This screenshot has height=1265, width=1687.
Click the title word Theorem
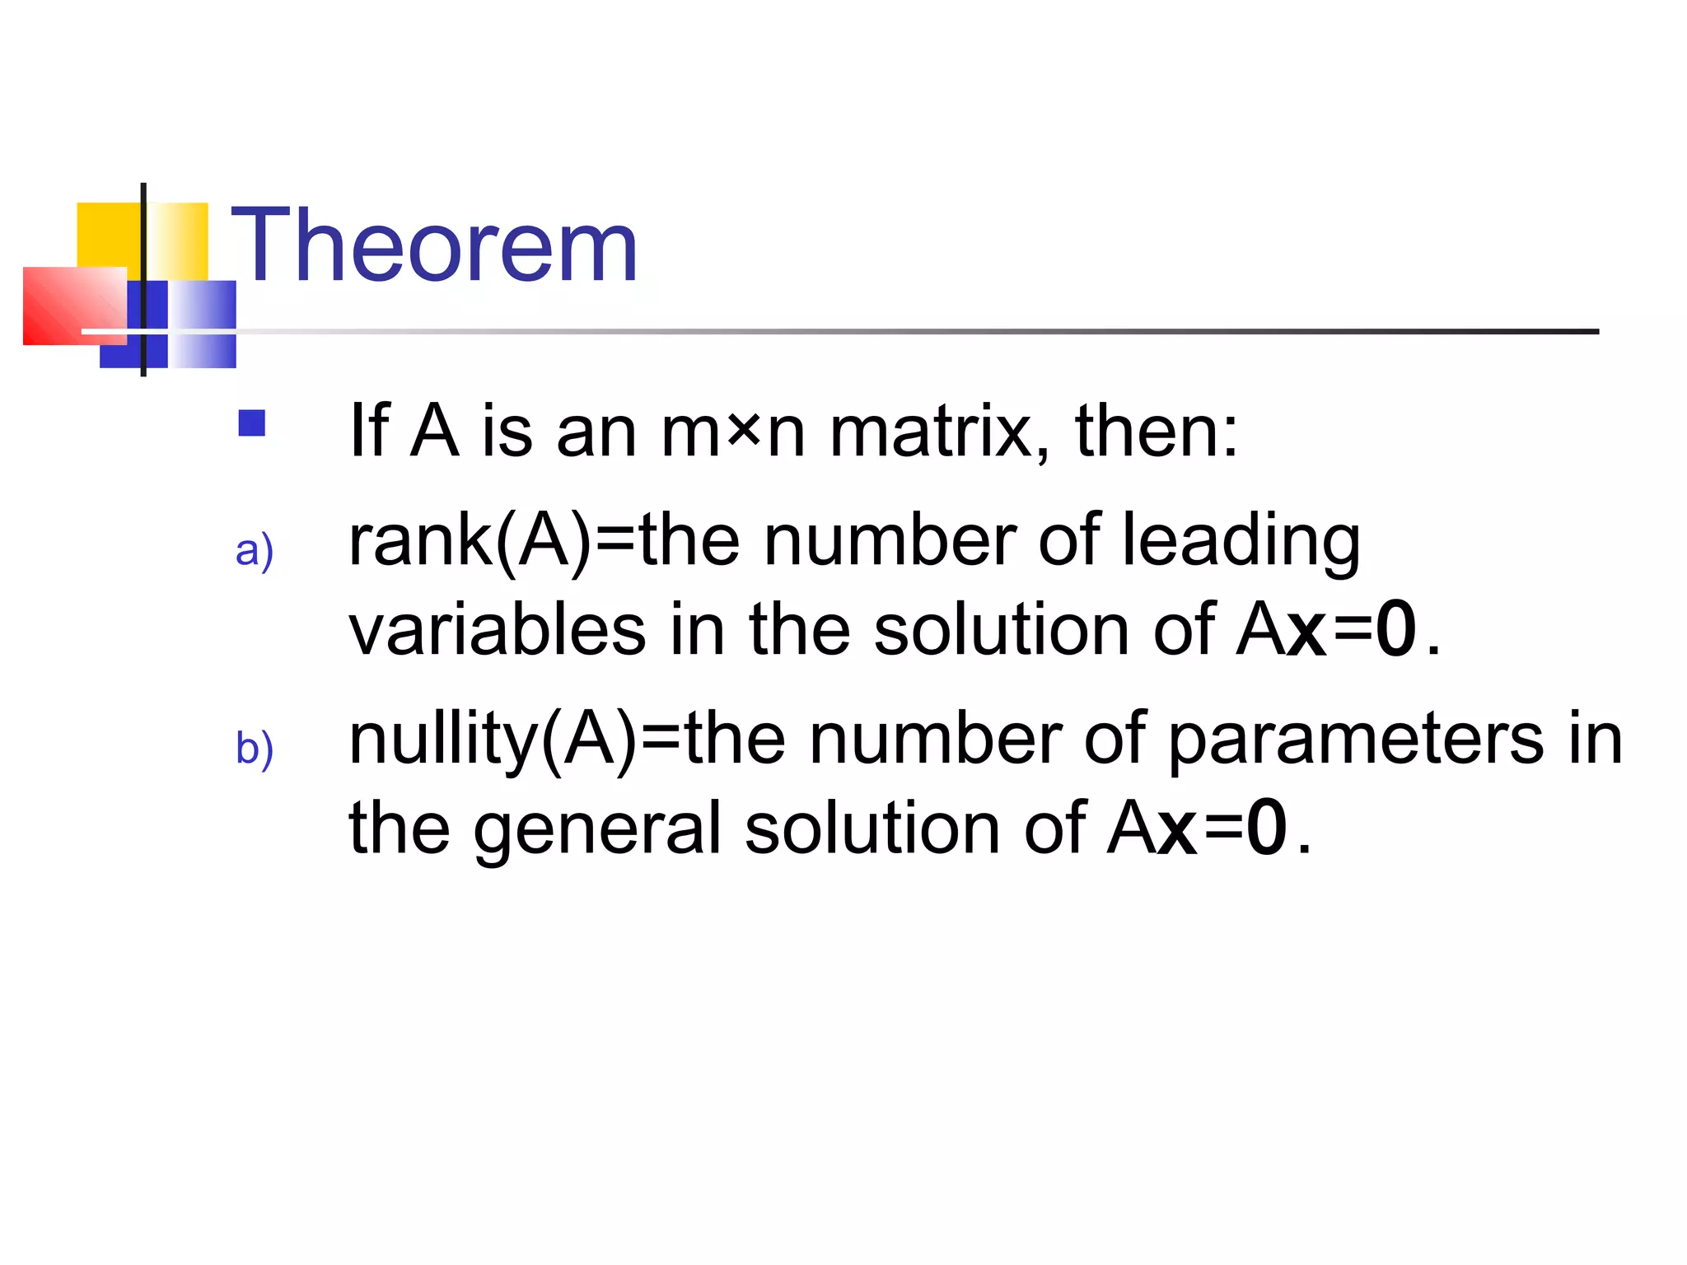tap(434, 245)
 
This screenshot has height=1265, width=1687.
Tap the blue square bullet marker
tap(251, 423)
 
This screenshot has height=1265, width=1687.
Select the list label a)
tap(254, 550)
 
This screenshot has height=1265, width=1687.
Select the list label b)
tap(254, 748)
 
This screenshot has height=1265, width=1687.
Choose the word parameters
tap(1356, 739)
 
